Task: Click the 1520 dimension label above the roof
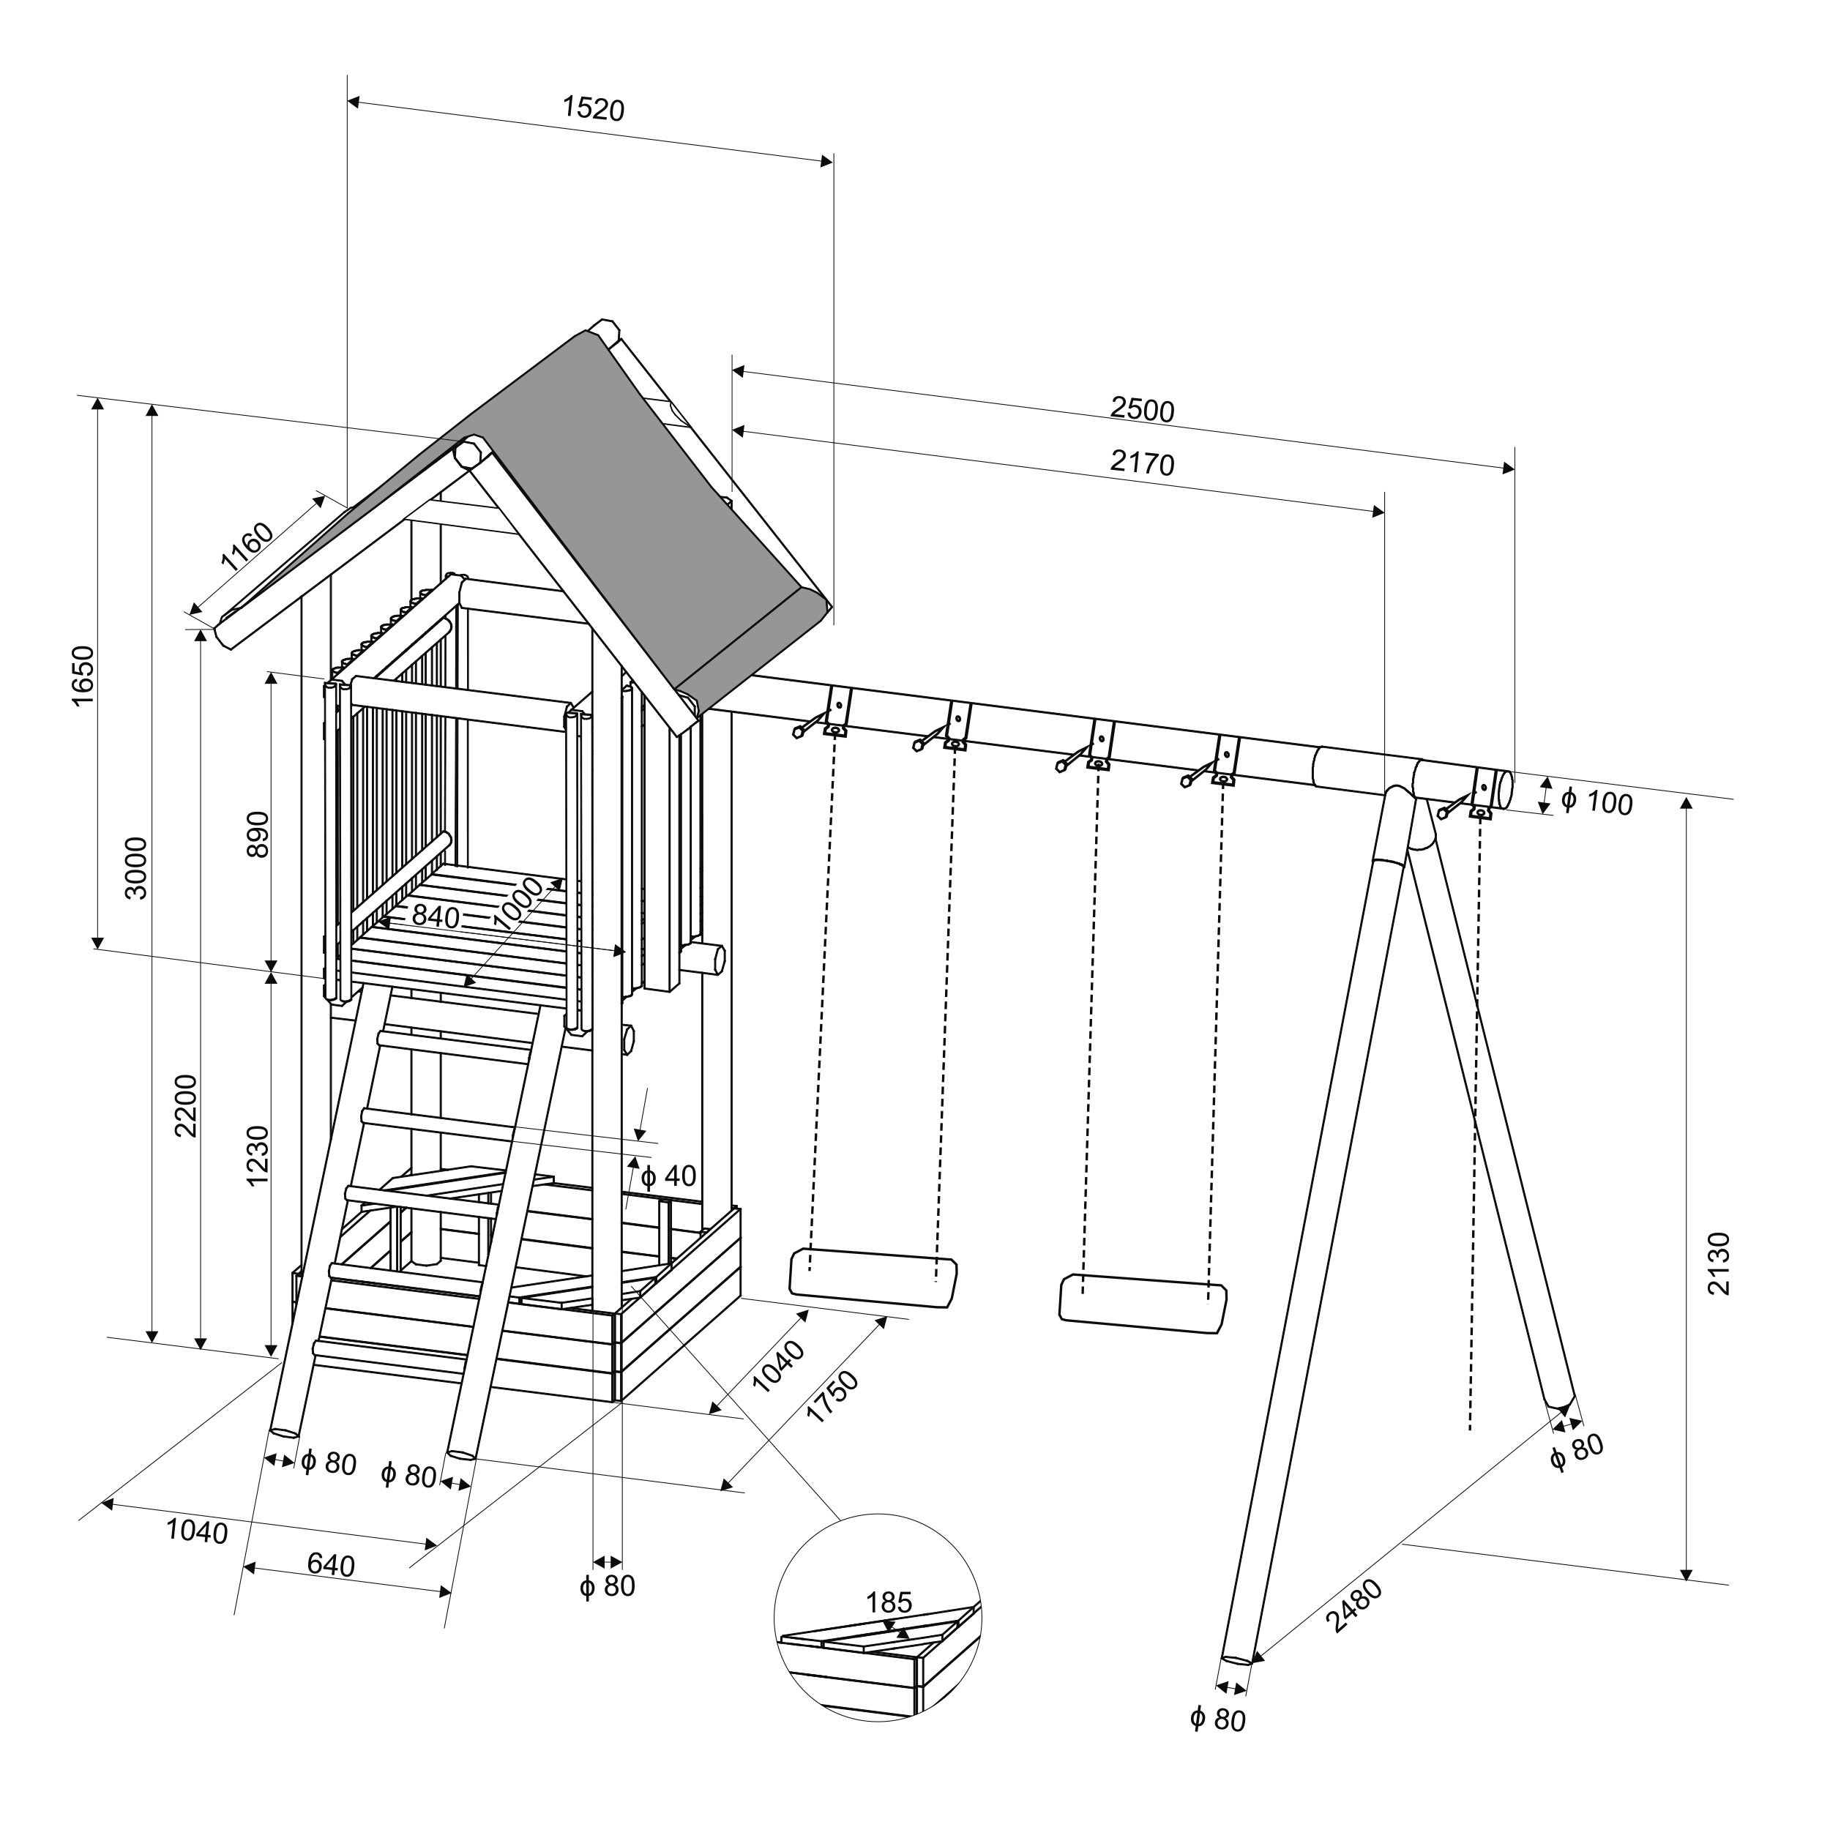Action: [x=594, y=109]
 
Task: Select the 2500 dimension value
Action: [x=1143, y=409]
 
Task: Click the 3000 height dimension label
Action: [x=136, y=867]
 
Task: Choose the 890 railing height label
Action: [x=258, y=834]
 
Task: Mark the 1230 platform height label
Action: [x=258, y=1156]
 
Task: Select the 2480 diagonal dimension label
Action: [x=1353, y=1605]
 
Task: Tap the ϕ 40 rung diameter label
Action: [x=669, y=1176]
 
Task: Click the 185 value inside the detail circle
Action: [x=889, y=1602]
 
